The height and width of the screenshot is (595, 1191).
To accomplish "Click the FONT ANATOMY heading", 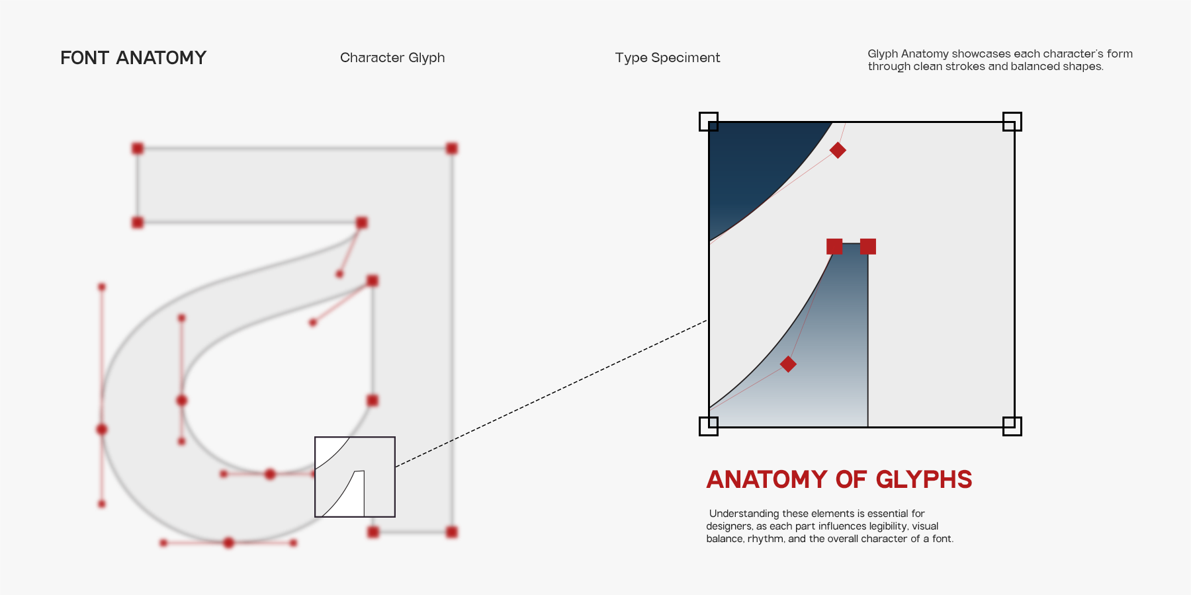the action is pyautogui.click(x=133, y=58).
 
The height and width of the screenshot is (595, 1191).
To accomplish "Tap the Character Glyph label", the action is pyautogui.click(x=392, y=58).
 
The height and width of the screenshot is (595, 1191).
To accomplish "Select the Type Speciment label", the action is pyautogui.click(x=668, y=58).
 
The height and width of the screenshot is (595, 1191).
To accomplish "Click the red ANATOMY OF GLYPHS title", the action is pyautogui.click(x=839, y=479).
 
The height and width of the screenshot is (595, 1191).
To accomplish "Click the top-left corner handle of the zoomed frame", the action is pyautogui.click(x=709, y=122).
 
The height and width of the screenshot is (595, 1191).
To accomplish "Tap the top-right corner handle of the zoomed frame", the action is pyautogui.click(x=1012, y=122).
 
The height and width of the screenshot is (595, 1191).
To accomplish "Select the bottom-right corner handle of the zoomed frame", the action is pyautogui.click(x=1012, y=426).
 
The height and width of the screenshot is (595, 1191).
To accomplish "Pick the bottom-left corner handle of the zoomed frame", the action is pyautogui.click(x=709, y=426).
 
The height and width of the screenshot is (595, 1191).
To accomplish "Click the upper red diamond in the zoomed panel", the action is pyautogui.click(x=838, y=150).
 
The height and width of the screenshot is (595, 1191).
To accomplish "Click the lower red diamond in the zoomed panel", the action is pyautogui.click(x=788, y=364).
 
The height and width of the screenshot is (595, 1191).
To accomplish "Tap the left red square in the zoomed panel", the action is pyautogui.click(x=834, y=247).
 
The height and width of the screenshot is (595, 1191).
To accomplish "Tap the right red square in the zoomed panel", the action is pyautogui.click(x=868, y=247).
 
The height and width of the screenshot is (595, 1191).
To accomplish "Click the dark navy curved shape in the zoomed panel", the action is pyautogui.click(x=754, y=165).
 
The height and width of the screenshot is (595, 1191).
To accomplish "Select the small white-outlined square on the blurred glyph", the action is pyautogui.click(x=355, y=477).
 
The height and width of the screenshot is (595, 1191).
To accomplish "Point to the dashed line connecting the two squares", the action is pyautogui.click(x=552, y=393).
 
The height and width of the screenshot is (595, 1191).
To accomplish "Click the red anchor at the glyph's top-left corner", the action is pyautogui.click(x=138, y=148).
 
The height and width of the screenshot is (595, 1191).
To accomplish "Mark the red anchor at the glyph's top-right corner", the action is pyautogui.click(x=452, y=148).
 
